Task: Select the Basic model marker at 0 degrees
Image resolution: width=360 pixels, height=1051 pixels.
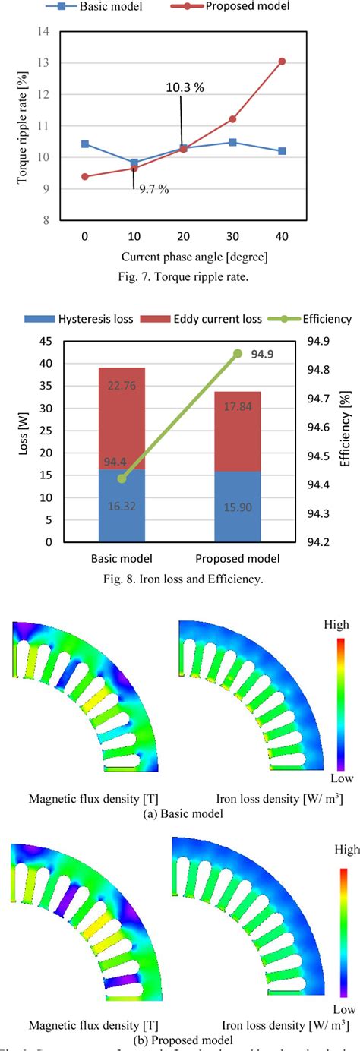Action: pos(85,144)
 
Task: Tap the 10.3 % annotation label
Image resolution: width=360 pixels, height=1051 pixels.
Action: pos(185,87)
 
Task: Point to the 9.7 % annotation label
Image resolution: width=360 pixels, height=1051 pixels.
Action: pos(153,188)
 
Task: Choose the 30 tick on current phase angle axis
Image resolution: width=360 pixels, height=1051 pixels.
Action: pos(233,236)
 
